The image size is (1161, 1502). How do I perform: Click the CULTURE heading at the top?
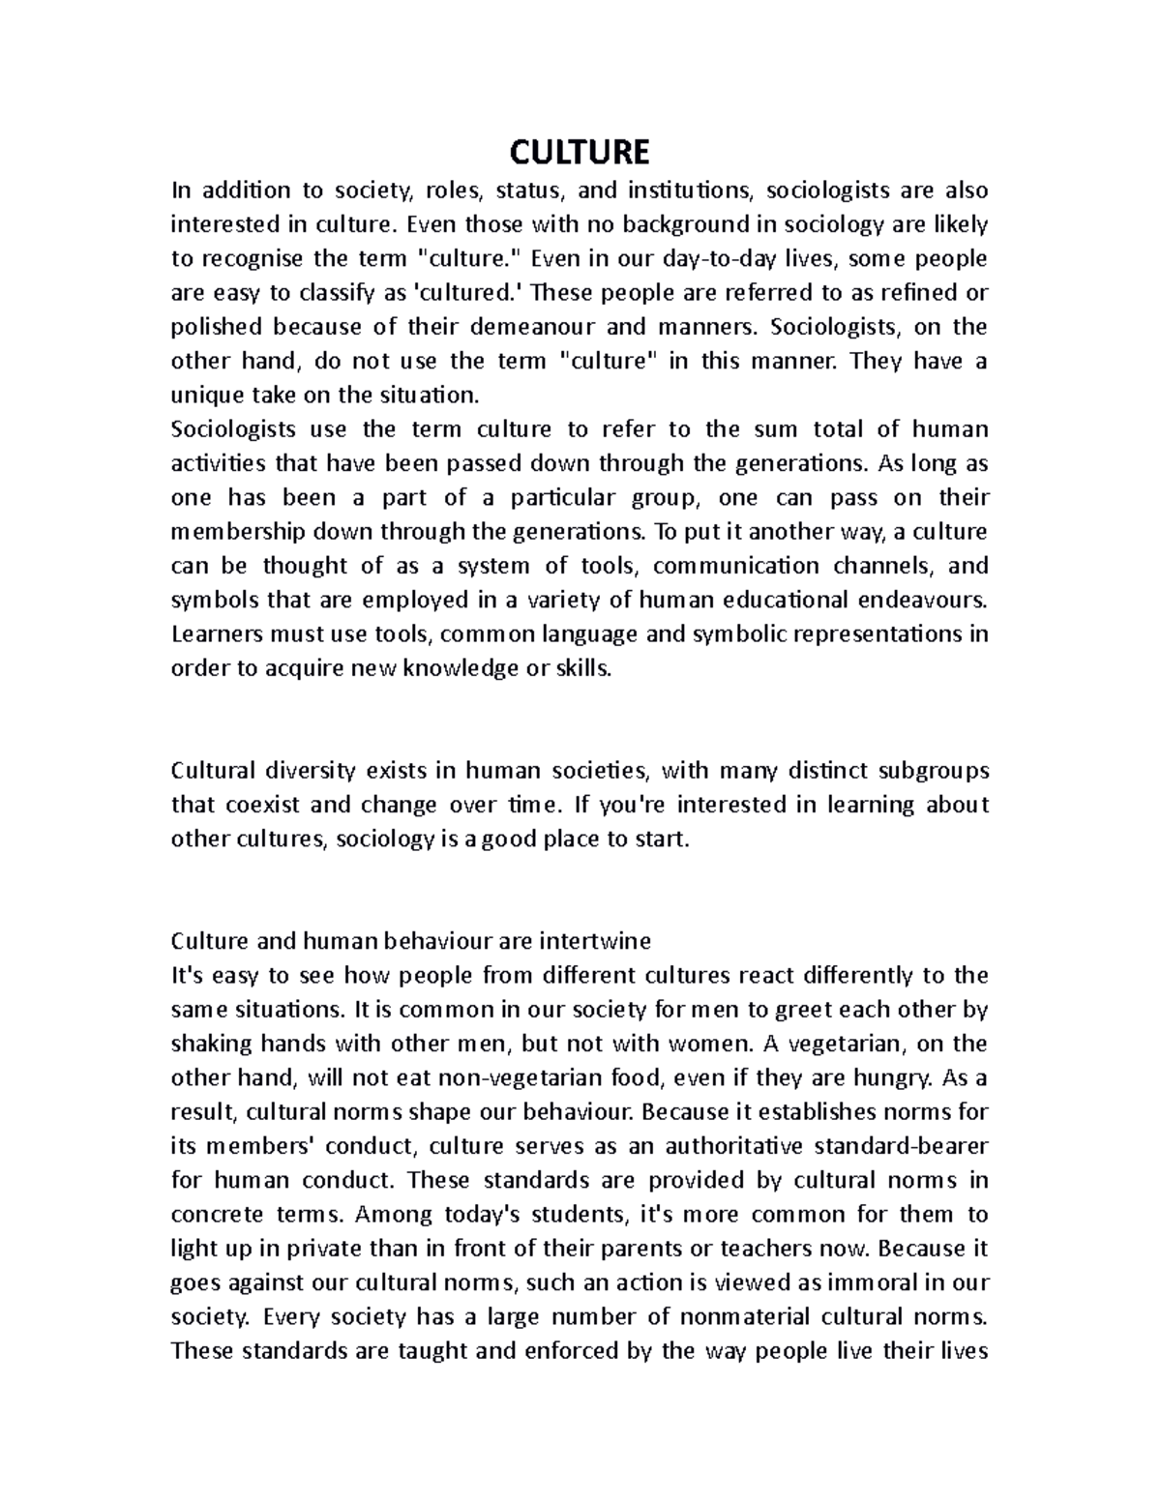[x=580, y=153]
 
